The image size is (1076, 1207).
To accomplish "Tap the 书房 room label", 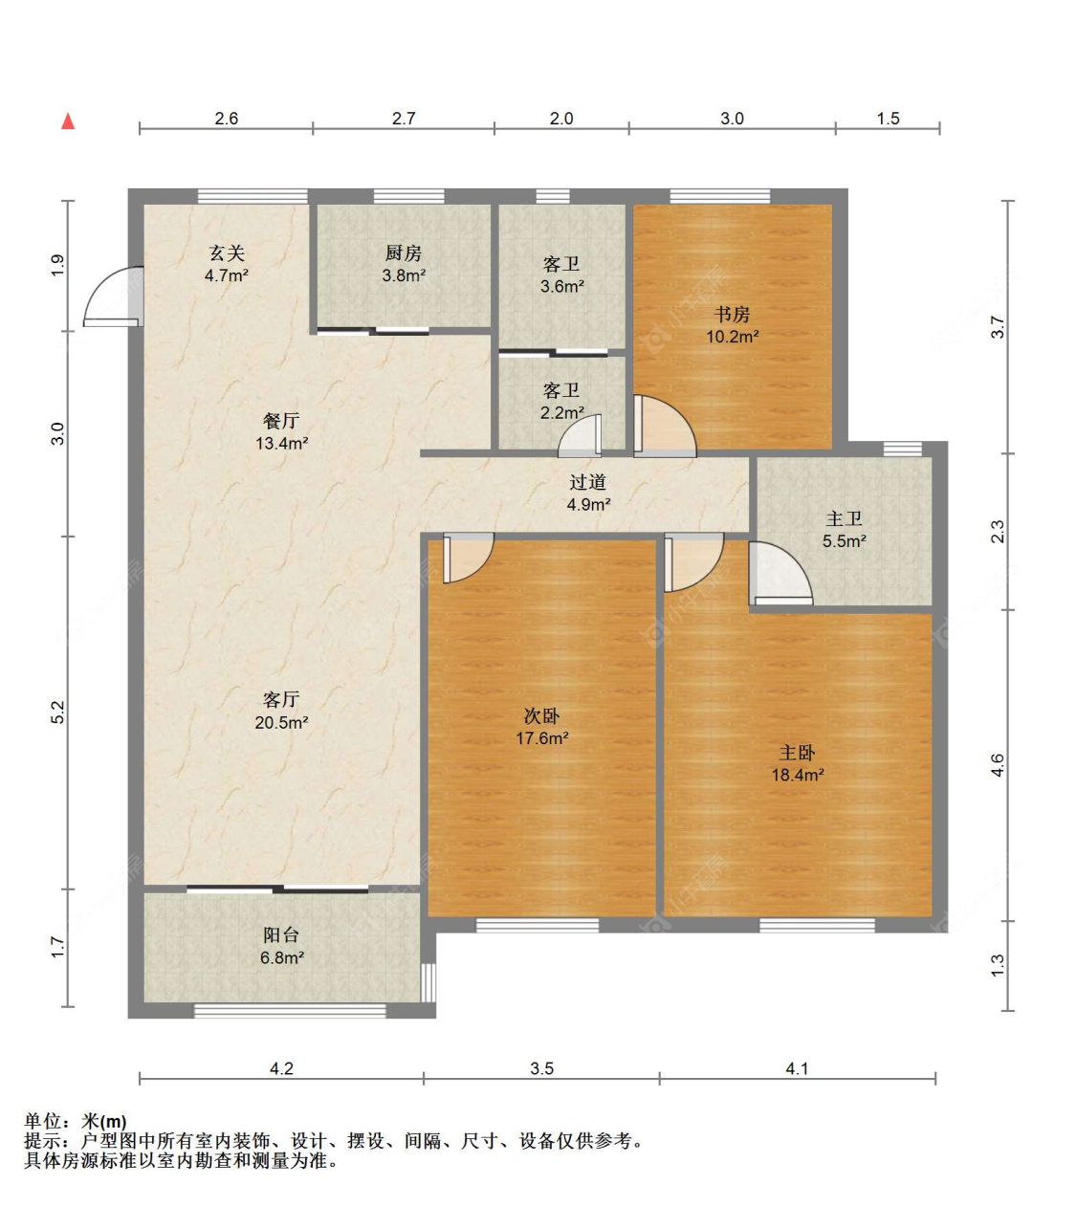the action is point(732,314).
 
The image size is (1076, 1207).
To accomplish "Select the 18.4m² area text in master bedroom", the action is point(797,775).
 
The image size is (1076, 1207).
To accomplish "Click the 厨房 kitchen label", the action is point(404,253).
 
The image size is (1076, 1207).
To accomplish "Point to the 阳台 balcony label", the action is point(281,934).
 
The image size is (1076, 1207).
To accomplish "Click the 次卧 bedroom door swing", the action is point(469,558).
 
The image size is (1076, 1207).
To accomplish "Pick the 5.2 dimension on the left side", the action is point(57,713).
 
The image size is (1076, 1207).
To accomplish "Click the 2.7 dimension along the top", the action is point(404,119).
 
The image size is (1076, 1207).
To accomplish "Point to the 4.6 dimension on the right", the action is point(998,765).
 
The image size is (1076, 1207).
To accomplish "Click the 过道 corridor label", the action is point(587,482).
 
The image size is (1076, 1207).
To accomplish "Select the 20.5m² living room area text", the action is point(281,723).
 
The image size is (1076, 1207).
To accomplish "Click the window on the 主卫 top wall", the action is point(903,449).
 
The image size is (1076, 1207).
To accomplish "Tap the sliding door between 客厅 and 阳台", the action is point(277,889).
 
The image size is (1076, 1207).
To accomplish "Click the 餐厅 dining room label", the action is point(281,421).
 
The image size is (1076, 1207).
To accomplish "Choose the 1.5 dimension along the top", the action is point(888,119).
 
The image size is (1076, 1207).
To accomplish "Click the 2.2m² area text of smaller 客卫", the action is point(561,412).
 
